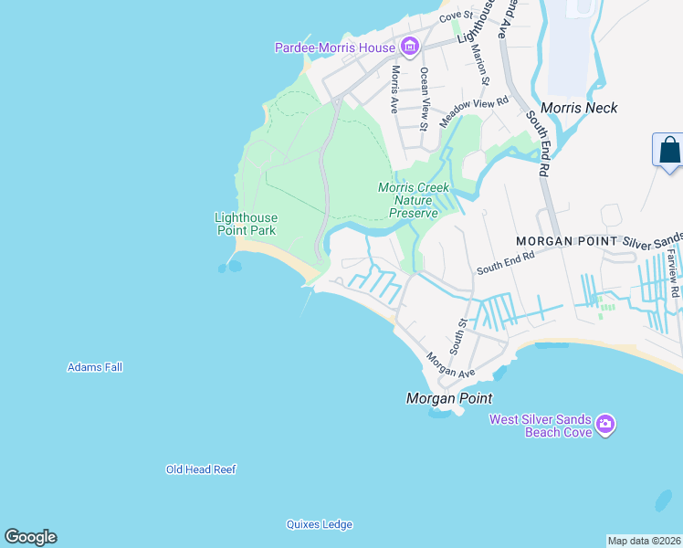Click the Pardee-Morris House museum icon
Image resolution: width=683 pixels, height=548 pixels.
(409, 47)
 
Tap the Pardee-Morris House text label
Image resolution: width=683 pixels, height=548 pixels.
(335, 47)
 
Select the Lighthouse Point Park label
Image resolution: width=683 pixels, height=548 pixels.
(245, 224)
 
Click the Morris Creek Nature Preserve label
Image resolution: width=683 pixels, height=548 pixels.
(414, 200)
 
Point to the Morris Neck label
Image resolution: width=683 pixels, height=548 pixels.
(579, 108)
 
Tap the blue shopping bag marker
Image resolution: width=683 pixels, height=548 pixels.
(668, 150)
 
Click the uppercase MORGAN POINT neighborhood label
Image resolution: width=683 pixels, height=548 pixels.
(566, 241)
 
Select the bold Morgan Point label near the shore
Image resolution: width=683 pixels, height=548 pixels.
(448, 398)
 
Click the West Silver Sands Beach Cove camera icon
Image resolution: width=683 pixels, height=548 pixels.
(604, 424)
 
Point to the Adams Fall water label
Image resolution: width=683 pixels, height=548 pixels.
(95, 367)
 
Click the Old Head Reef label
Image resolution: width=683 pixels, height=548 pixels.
(201, 469)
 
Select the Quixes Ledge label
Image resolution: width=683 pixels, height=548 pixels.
(319, 524)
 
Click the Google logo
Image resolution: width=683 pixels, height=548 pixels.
(30, 537)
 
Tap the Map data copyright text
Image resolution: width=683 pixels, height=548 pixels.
(644, 540)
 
